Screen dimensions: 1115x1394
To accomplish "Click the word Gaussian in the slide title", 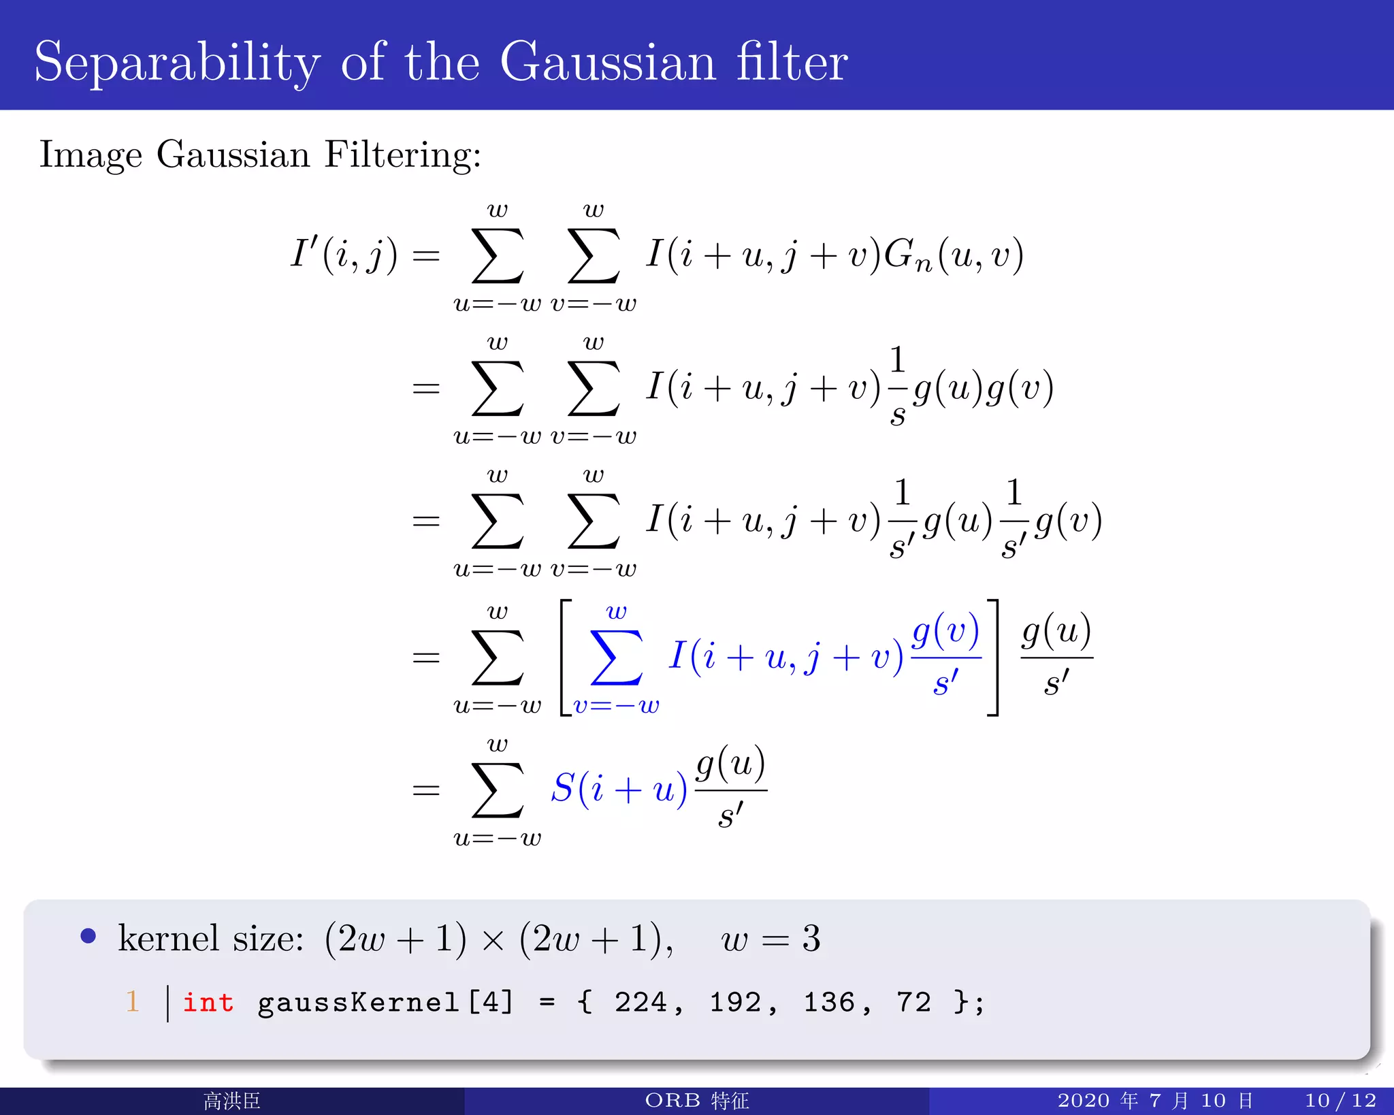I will (x=608, y=63).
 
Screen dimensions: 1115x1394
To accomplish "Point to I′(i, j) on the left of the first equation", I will (x=344, y=255).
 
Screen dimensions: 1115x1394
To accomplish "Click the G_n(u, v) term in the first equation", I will (x=954, y=256).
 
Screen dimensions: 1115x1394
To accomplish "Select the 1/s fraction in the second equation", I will (x=898, y=387).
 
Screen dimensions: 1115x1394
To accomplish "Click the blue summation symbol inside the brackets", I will (x=617, y=658).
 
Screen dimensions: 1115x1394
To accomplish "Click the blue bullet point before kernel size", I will (x=88, y=936).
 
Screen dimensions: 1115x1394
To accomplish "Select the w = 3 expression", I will (x=771, y=939).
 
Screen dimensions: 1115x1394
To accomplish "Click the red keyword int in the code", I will (x=208, y=1003).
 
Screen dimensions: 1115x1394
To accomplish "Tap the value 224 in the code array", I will (x=641, y=1003).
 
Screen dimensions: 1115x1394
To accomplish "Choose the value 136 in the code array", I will (x=829, y=1003).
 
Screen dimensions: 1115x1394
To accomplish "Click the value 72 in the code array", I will (x=913, y=1003).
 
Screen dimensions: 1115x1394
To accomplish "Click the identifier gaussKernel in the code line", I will (x=358, y=1003).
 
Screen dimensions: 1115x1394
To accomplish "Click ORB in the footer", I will (x=672, y=1101).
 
